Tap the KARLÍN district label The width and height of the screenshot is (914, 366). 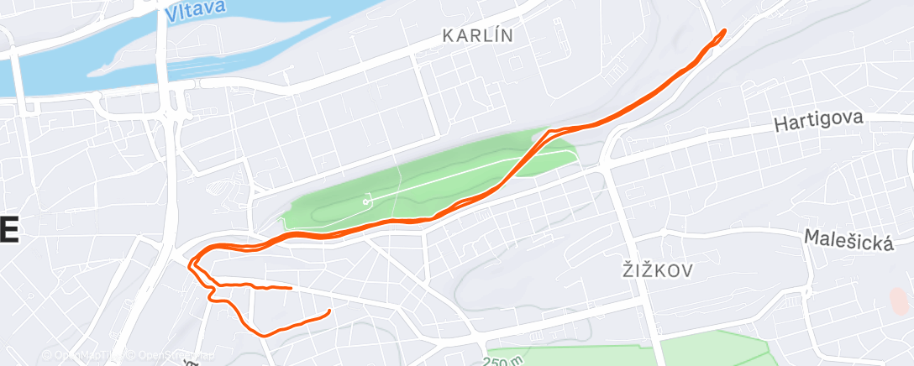tap(477, 36)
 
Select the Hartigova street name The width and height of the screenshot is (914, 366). tap(819, 122)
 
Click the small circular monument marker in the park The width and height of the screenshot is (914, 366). tap(366, 201)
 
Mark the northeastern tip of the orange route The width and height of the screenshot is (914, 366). tap(723, 31)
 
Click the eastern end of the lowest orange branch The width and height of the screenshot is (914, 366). tap(328, 311)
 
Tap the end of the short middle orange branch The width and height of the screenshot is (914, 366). tap(291, 288)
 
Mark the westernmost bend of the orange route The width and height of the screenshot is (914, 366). tap(190, 262)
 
